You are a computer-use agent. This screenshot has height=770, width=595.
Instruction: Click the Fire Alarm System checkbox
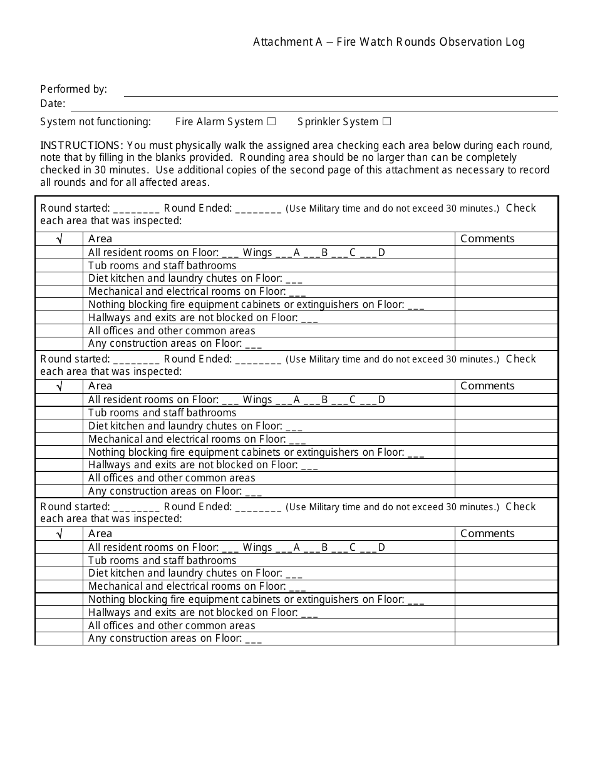pos(271,121)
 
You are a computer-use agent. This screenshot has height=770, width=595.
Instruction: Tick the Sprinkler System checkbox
pos(386,121)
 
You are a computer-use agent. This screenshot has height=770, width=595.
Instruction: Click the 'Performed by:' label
pos(73,89)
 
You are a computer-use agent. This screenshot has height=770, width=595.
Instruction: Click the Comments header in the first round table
pos(487,239)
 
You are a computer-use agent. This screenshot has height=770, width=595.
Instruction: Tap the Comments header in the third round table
pos(487,533)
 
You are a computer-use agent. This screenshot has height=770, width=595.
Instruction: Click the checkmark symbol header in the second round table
pos(59,386)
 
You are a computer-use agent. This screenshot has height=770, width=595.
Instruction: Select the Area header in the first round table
pos(100,239)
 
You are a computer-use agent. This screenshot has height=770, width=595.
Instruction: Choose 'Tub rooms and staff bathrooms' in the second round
pos(162,413)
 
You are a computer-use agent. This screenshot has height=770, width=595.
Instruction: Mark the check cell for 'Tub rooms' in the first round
pos(59,265)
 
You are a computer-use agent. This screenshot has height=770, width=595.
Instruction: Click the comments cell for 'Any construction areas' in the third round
pos(506,639)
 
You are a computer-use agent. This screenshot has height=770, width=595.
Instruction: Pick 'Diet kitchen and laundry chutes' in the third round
pos(185,573)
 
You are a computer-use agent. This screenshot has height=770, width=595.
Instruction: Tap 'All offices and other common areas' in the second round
pos(172,478)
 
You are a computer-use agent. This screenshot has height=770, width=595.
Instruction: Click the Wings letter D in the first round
pos(381,253)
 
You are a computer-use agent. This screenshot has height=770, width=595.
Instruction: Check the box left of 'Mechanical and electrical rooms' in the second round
pos(59,439)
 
